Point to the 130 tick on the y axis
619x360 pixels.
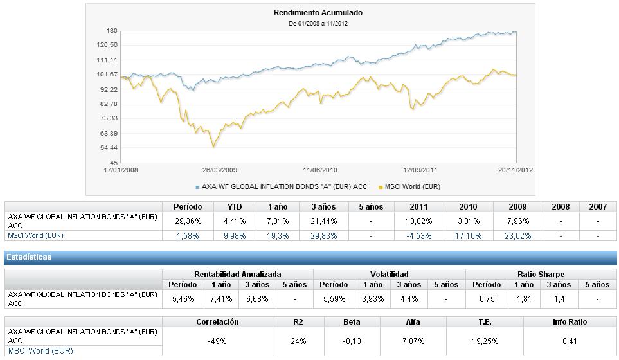(112, 31)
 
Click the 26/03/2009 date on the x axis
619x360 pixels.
(220, 170)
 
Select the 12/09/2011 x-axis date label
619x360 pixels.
(420, 170)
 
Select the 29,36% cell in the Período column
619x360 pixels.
(188, 221)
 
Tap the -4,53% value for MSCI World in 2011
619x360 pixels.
(419, 236)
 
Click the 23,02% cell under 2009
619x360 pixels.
(517, 236)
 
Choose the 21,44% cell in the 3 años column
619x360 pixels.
(323, 221)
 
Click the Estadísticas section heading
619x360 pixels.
(29, 257)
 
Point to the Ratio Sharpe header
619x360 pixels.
(541, 274)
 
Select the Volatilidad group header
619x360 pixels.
(389, 274)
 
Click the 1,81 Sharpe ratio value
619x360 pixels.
(524, 299)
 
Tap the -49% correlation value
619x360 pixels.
(217, 341)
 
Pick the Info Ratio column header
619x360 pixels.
(570, 321)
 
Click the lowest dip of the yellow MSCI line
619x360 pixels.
(213, 147)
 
